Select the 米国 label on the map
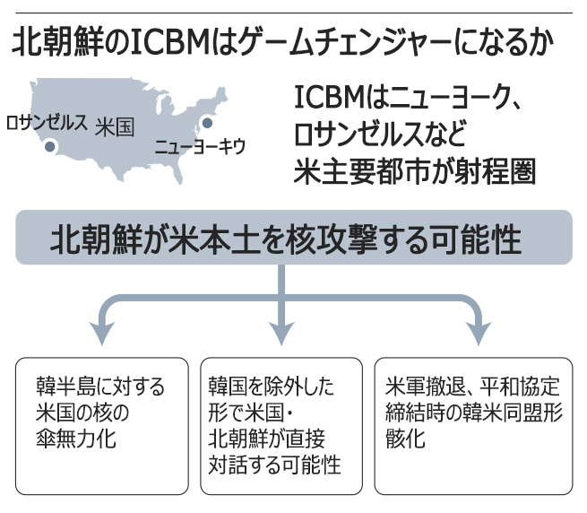click(114, 127)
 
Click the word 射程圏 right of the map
click(496, 170)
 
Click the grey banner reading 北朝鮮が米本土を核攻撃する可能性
click(293, 238)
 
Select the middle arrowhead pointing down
click(283, 334)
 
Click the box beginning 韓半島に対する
click(101, 426)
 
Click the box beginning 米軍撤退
click(471, 426)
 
